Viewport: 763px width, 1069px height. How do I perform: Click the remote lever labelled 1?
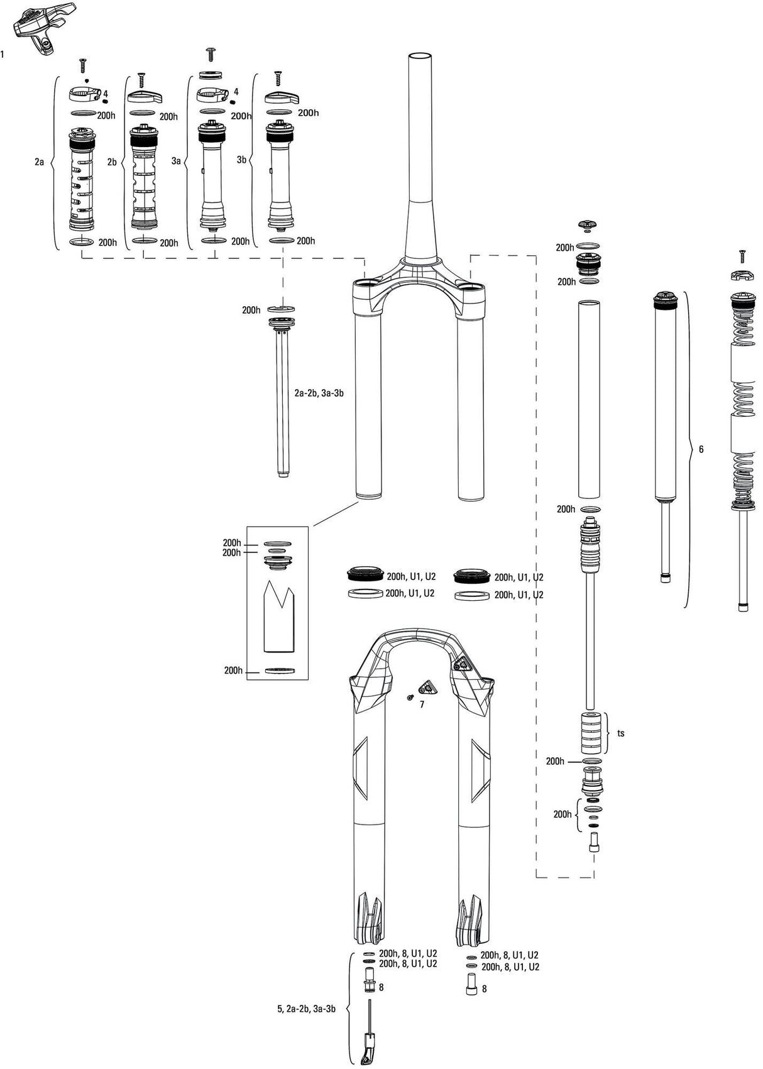click(43, 25)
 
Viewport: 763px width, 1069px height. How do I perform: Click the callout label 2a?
click(40, 162)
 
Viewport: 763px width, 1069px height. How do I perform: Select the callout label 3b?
click(241, 160)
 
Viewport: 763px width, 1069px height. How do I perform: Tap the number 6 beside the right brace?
click(701, 449)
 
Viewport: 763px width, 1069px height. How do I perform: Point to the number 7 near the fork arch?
click(422, 704)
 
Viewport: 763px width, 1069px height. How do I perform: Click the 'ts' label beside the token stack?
click(621, 733)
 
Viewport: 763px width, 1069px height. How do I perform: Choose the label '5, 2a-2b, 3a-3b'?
click(306, 1010)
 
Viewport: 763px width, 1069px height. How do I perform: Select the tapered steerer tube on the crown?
click(421, 157)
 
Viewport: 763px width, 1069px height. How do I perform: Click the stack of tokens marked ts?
click(592, 732)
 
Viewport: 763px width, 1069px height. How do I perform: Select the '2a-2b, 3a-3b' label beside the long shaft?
click(319, 393)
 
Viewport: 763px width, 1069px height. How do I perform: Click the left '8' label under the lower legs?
click(381, 987)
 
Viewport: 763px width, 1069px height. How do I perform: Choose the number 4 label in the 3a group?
click(236, 92)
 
